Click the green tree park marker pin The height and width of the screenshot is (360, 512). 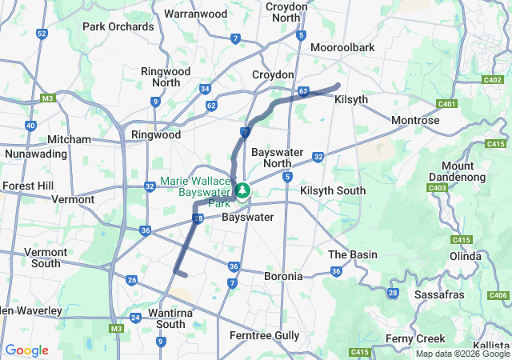tap(242, 191)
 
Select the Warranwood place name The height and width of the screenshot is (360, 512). tap(195, 14)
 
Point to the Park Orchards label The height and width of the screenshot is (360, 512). tap(118, 26)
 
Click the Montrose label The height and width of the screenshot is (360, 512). tap(415, 120)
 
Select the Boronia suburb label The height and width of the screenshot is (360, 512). tap(284, 276)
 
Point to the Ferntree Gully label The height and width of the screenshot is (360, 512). tap(265, 334)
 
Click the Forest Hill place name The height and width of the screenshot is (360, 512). tap(27, 186)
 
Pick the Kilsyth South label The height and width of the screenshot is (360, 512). tap(333, 190)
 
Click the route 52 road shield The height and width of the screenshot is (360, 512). tap(42, 34)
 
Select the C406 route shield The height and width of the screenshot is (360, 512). tap(498, 296)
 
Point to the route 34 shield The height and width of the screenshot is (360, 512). tap(206, 89)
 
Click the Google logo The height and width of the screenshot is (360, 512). tap(26, 350)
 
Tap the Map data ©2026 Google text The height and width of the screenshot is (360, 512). tap(462, 354)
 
